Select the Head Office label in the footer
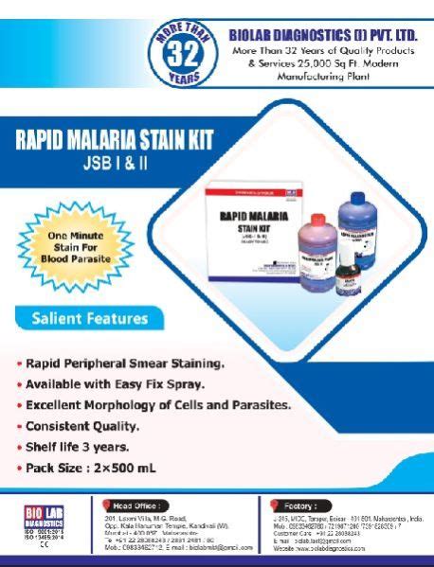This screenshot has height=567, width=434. pyautogui.click(x=138, y=505)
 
